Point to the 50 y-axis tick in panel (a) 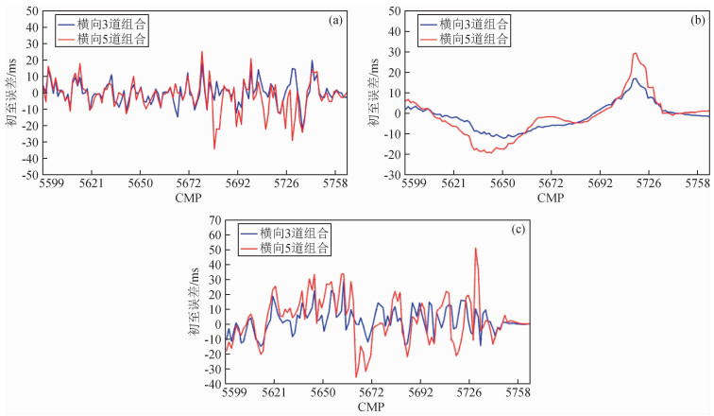(x=31, y=10)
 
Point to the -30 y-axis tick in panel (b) (x=391, y=175)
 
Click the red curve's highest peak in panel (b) (x=635, y=53)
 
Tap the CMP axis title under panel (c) (x=370, y=406)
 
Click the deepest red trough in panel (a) (x=214, y=148)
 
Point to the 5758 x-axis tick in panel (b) (x=697, y=186)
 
